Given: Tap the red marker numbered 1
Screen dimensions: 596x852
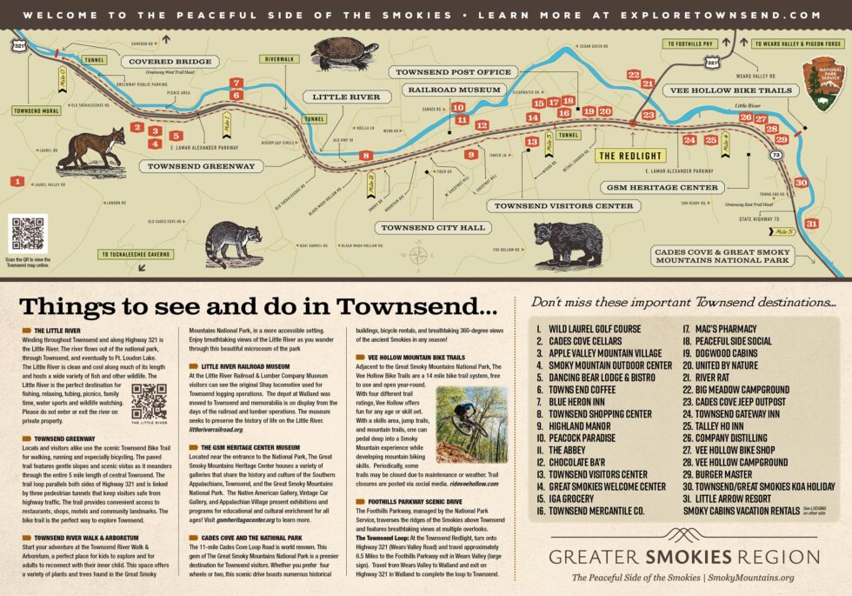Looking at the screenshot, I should [17, 181].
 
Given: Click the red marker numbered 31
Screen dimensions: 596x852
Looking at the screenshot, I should [811, 224].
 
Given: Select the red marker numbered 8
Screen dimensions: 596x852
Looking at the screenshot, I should [366, 156].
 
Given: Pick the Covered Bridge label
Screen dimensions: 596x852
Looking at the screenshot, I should [170, 62].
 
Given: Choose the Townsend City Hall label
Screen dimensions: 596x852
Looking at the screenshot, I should [421, 228].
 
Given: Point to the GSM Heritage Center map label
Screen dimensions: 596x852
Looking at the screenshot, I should [662, 187].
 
